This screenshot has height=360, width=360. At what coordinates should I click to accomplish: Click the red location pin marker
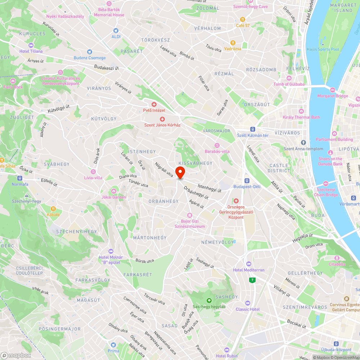(180, 172)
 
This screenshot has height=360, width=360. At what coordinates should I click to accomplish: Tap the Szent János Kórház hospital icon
(162, 119)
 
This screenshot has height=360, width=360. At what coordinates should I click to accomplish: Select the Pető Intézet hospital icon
(154, 104)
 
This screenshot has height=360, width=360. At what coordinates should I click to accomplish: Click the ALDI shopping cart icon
(116, 31)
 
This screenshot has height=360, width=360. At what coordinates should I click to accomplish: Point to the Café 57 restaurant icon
(243, 19)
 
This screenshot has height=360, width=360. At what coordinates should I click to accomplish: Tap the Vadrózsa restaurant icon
(233, 42)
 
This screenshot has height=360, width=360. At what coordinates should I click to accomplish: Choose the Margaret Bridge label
(332, 96)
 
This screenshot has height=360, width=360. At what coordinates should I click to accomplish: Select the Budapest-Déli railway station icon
(247, 180)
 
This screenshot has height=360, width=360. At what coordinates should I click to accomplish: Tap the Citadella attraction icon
(337, 258)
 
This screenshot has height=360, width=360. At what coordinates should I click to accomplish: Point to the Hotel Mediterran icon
(248, 264)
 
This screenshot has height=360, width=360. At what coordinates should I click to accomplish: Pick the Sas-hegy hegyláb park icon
(209, 301)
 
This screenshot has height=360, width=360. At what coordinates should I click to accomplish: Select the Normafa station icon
(19, 178)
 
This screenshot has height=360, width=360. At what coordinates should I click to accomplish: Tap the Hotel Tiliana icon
(31, 45)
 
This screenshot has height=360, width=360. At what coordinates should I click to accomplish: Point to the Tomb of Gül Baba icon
(289, 78)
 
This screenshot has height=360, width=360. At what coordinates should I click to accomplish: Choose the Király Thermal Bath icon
(301, 111)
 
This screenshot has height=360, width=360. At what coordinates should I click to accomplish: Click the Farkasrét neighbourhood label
(138, 275)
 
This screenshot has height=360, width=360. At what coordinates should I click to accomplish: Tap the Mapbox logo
(16, 355)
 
